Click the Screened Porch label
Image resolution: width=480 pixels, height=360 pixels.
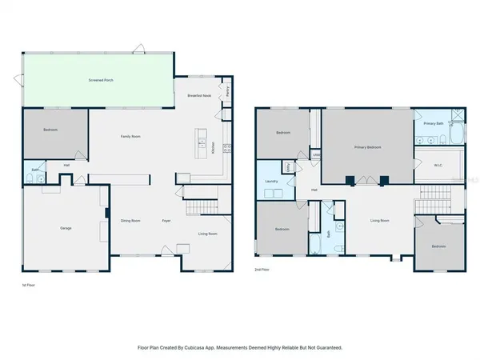99,81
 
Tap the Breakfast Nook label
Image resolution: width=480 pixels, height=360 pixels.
199,95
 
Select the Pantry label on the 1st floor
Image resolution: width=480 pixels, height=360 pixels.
228,92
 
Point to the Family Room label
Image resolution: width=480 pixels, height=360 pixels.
130,137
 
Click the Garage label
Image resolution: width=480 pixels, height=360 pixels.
66,228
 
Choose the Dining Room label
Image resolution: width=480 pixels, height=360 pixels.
130,220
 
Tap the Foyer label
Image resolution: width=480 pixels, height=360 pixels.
166,220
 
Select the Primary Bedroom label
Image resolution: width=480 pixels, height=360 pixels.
368,148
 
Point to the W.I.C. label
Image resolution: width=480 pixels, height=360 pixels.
438,166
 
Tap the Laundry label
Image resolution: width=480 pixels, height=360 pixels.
270,181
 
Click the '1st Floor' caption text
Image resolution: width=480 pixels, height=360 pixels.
30,285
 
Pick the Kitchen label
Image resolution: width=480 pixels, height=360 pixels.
213,147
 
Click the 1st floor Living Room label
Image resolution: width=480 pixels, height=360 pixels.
208,234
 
